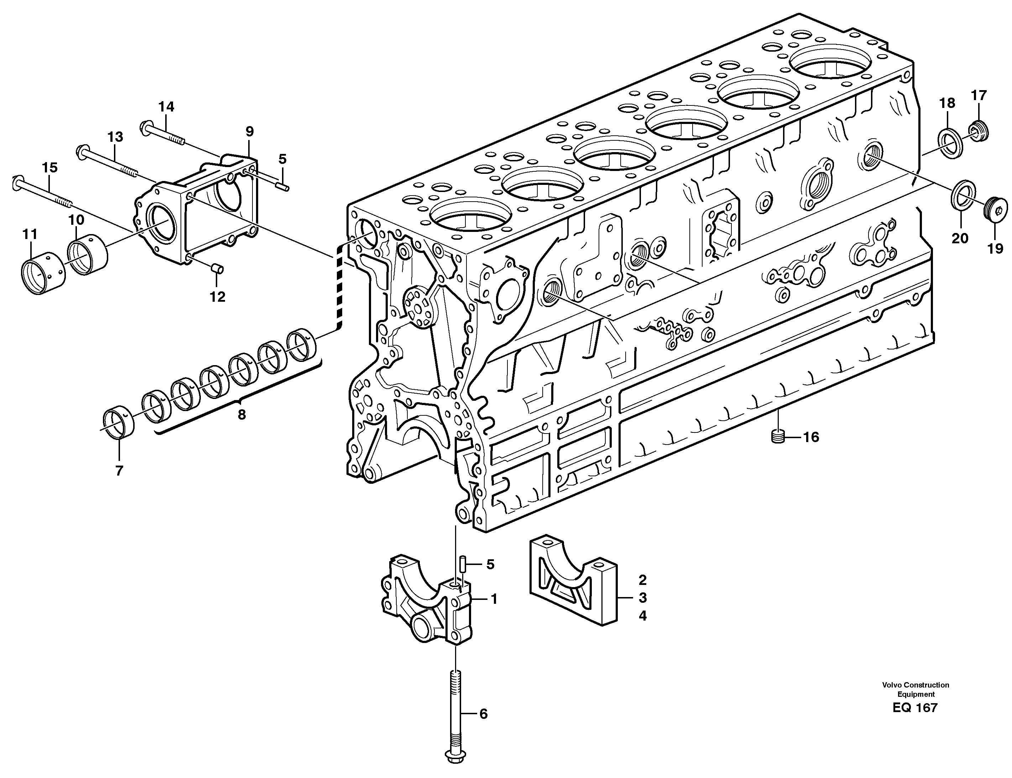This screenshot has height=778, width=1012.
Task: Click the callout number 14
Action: tap(166, 107)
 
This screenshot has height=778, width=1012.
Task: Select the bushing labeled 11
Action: tap(43, 276)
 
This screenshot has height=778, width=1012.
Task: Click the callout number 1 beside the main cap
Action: tap(494, 600)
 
